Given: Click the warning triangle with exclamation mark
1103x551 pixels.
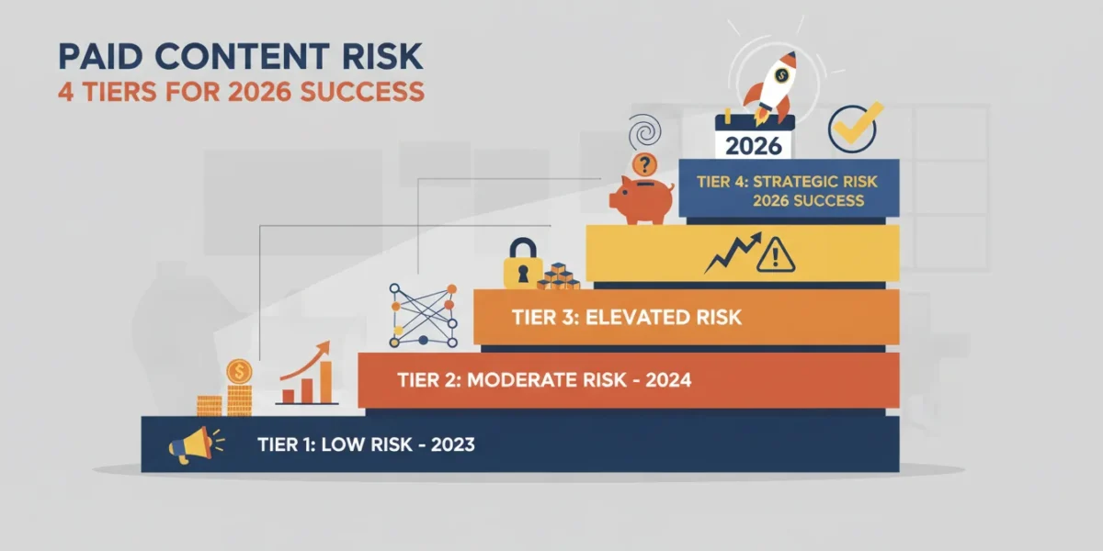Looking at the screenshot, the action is pos(775,255).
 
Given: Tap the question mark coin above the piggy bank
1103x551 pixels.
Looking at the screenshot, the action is pos(644,164).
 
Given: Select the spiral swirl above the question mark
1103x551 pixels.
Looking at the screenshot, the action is pos(644,132).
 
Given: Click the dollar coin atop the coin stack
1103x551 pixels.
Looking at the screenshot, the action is pos(239,371).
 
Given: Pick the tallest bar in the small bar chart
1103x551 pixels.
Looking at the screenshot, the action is pos(325,382).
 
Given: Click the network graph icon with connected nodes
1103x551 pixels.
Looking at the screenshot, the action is pos(423,315).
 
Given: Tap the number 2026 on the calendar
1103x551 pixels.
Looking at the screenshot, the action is pos(754,146).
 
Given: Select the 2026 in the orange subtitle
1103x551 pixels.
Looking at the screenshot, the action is pos(259,92).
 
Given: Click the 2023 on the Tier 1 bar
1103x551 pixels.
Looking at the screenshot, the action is pos(452,444).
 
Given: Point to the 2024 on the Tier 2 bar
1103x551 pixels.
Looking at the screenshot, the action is pos(668,380).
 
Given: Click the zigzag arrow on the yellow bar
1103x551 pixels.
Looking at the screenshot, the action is pos(733,253).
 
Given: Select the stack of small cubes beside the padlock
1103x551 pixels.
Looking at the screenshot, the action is pos(559,276).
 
